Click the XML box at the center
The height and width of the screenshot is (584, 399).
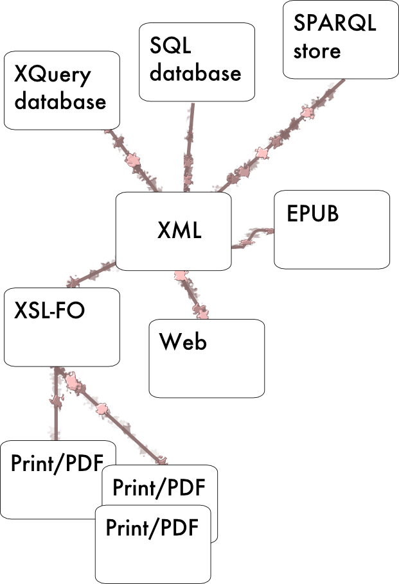173,231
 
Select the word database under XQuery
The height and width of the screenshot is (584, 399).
60,101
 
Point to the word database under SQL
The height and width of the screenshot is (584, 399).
195,73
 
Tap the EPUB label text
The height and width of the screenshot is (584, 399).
312,213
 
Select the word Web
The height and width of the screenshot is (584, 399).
183,341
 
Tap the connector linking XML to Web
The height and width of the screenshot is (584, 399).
191,295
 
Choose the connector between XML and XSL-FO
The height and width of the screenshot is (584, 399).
90,273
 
